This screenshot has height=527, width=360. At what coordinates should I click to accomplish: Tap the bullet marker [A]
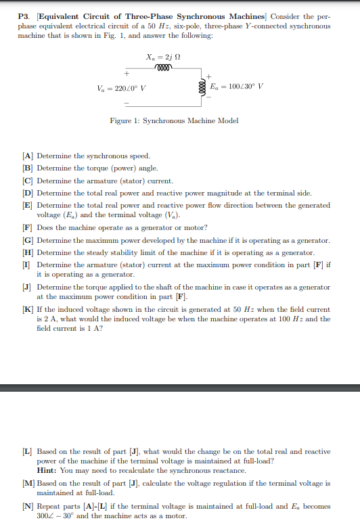28,156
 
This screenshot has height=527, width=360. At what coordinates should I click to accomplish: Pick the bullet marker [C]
28,181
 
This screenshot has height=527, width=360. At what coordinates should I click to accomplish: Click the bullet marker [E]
28,205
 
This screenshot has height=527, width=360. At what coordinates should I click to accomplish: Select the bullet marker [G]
28,240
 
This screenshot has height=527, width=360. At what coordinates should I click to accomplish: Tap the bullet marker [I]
26,265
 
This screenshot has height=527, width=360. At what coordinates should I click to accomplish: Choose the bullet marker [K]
28,309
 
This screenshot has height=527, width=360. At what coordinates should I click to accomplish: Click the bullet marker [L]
28,451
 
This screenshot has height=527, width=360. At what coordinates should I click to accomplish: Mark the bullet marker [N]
28,507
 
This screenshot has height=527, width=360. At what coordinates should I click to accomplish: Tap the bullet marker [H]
28,252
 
